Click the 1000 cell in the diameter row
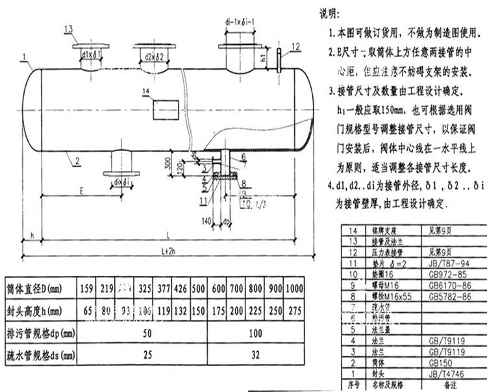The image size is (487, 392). point(311,288)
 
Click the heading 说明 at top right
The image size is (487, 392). point(329,12)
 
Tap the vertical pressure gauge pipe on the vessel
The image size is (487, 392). point(279,62)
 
